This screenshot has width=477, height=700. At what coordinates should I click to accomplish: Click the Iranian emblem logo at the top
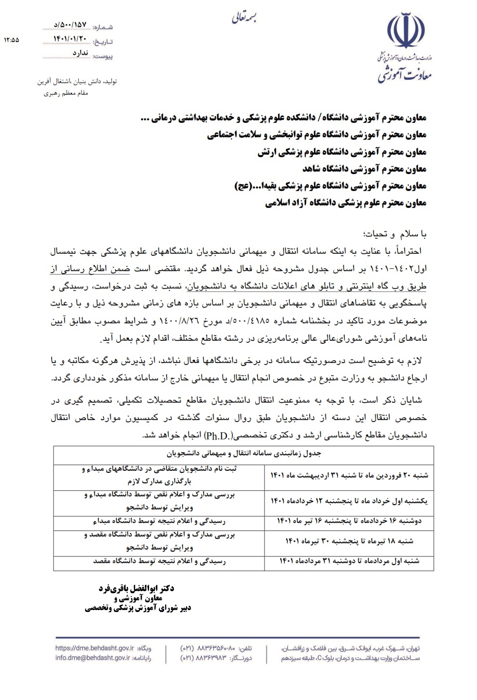[407, 33]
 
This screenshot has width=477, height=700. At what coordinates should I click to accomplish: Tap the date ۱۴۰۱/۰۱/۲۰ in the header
[70, 39]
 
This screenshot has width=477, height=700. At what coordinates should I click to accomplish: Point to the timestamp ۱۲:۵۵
[11, 41]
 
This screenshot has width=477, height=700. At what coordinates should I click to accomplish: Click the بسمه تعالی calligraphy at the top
[246, 18]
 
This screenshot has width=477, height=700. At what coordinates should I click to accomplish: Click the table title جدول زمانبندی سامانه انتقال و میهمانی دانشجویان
[244, 454]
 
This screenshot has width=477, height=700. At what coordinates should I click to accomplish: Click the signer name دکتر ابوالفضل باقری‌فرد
[136, 588]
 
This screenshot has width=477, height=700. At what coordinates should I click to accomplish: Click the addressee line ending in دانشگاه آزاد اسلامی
[346, 204]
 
